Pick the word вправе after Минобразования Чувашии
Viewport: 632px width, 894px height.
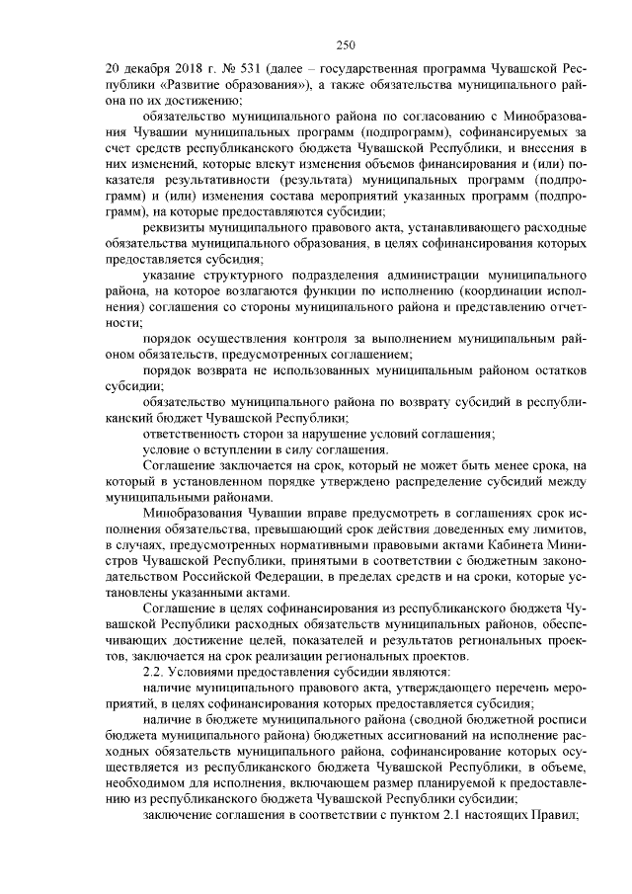321,512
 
